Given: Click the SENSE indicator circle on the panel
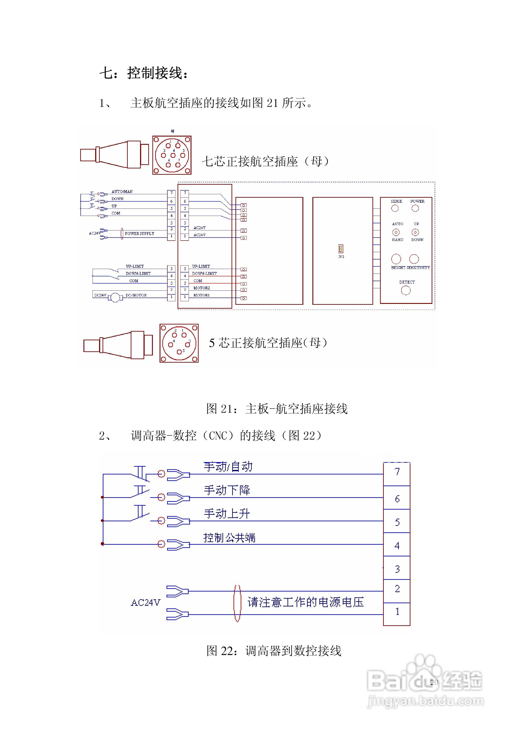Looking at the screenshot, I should tap(395, 208).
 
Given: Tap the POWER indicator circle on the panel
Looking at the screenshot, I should tap(415, 208).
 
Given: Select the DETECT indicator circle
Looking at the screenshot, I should tap(406, 290).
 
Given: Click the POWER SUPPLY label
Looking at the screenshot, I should tap(139, 234).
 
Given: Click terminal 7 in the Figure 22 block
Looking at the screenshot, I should tap(397, 472).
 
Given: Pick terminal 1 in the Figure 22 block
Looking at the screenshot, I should tap(397, 611).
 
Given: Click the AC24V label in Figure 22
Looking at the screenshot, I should tap(145, 603).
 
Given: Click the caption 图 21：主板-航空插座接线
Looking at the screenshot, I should tap(277, 409).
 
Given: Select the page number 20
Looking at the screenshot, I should tap(434, 682).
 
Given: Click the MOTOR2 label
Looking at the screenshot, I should tap(202, 288).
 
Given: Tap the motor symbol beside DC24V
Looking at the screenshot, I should tap(115, 298).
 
